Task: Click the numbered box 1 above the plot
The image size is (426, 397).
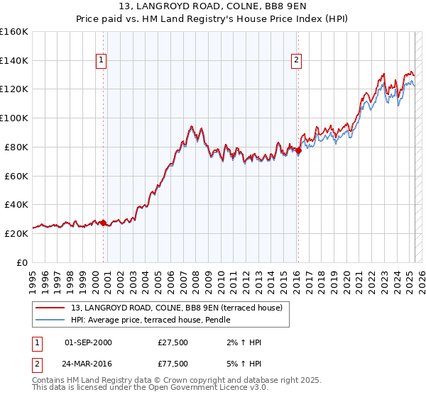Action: point(103,61)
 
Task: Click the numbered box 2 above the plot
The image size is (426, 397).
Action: point(295,61)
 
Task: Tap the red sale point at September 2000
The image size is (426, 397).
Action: point(103,223)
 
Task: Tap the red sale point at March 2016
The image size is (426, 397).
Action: point(298,150)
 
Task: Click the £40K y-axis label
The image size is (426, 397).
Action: point(16,204)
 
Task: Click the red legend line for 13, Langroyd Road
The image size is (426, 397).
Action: point(50,308)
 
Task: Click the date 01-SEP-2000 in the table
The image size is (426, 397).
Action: point(88,343)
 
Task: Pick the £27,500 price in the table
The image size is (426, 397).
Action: point(173,343)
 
